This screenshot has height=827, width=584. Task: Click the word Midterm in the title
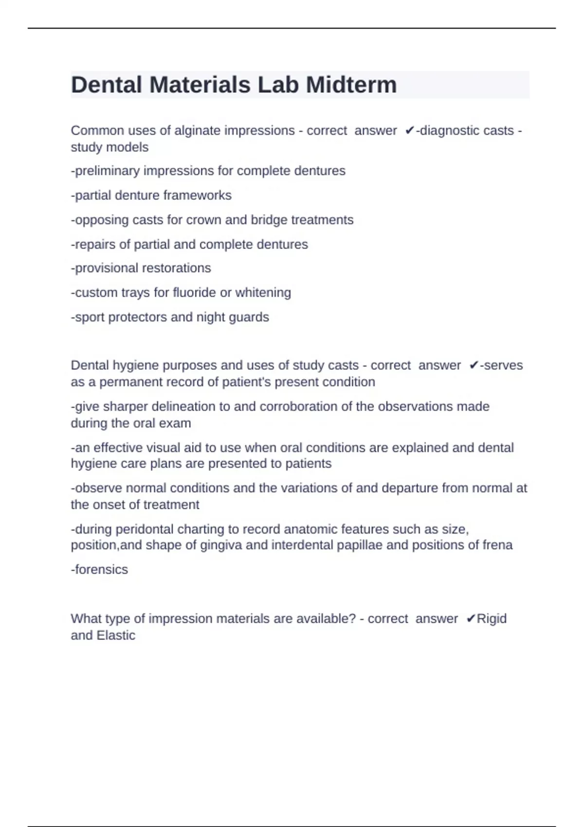[x=351, y=85]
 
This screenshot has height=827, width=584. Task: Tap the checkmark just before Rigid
[x=471, y=619]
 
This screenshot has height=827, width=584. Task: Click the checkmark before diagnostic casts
[x=409, y=131]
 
